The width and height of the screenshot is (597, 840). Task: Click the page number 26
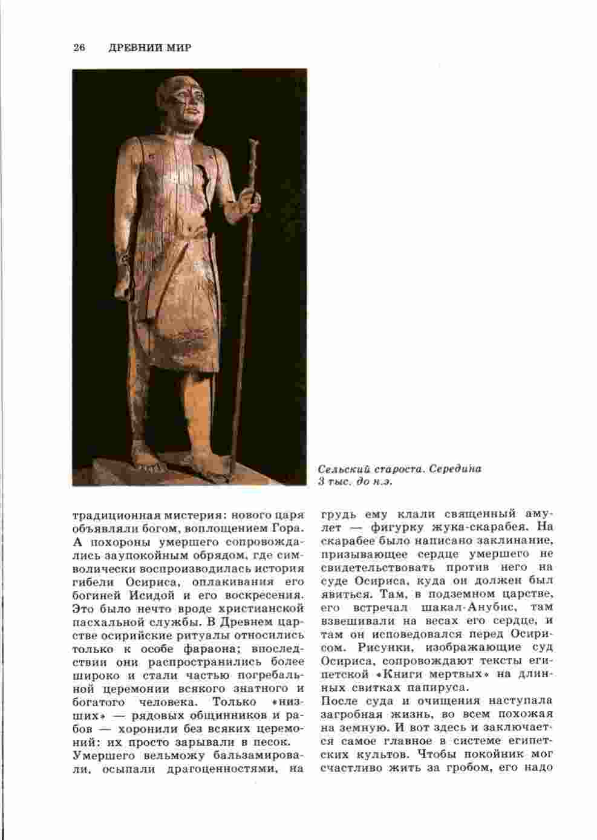click(78, 48)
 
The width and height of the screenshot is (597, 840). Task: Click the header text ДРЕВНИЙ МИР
click(150, 48)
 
